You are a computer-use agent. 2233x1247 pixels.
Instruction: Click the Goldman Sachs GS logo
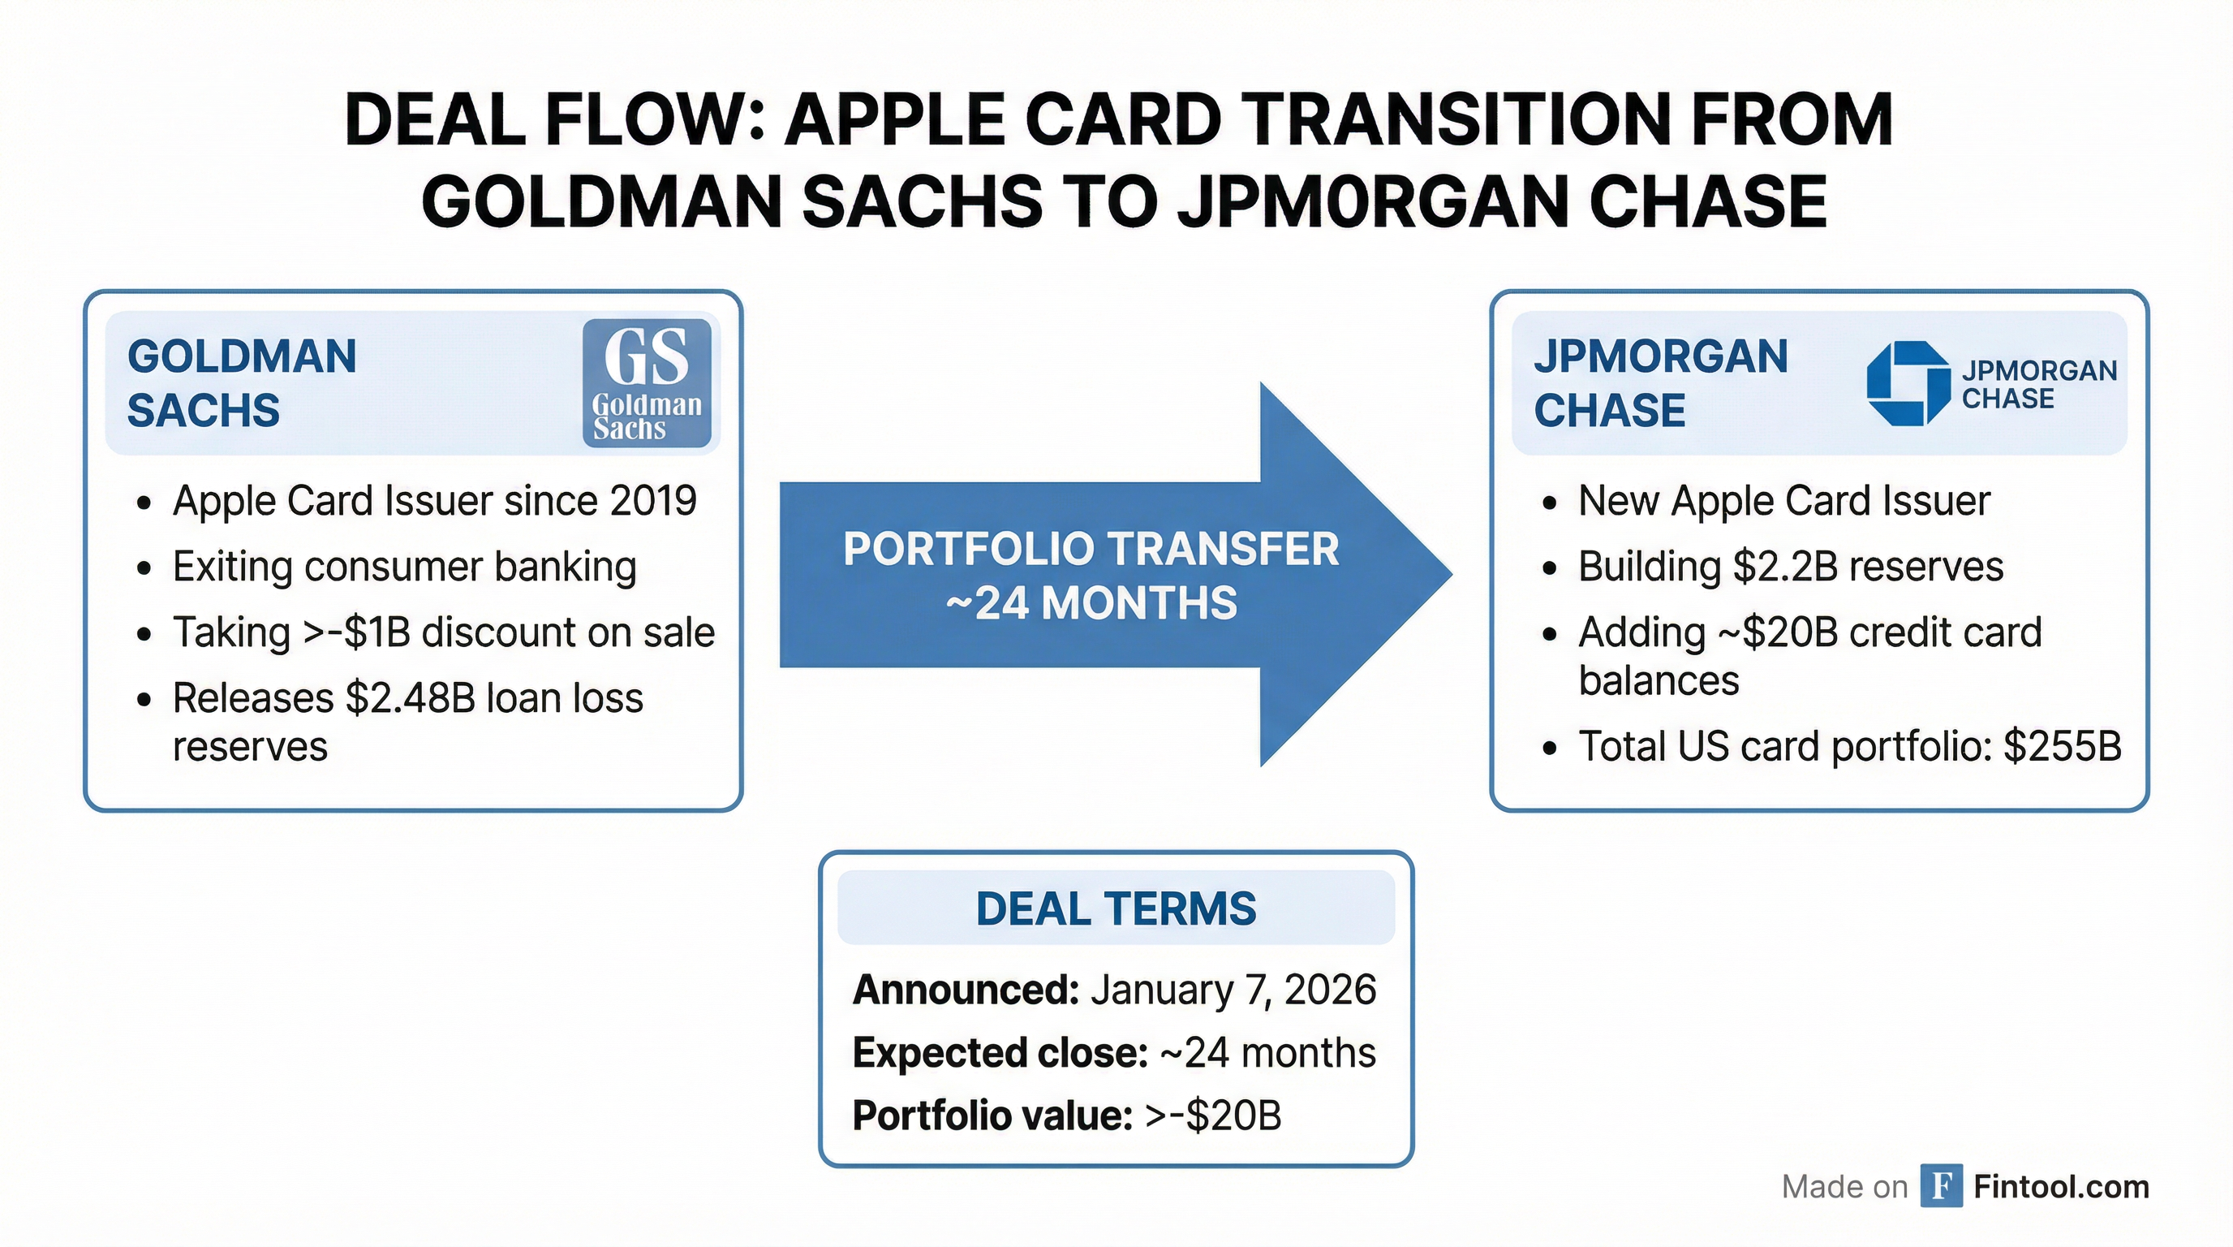(x=647, y=382)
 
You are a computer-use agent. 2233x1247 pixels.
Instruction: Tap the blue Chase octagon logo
(x=1895, y=383)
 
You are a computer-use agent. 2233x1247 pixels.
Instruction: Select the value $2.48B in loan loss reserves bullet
(x=410, y=698)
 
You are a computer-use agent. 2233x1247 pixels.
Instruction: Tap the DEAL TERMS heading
(x=1116, y=908)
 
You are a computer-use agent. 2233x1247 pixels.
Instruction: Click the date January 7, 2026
(x=1233, y=990)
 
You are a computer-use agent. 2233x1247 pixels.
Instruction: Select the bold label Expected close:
(x=1000, y=1053)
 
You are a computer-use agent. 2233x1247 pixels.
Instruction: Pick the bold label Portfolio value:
(x=992, y=1115)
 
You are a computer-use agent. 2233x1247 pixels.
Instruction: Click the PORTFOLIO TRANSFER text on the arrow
(x=1091, y=549)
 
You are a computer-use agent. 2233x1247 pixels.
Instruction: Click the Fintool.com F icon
(x=1941, y=1185)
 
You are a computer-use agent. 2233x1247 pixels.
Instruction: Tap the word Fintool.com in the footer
(x=2060, y=1186)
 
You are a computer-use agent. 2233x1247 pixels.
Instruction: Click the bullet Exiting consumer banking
(x=404, y=567)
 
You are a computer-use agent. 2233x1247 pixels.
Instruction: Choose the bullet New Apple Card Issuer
(x=1783, y=500)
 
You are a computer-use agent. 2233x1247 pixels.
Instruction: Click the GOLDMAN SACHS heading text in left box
(x=242, y=382)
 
